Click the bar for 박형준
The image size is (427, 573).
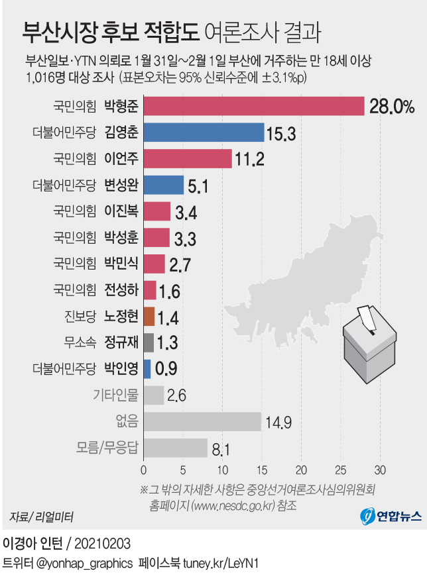tap(254, 106)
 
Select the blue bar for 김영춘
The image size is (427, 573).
tap(204, 132)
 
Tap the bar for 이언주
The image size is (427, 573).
tap(188, 158)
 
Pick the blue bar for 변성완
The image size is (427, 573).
tap(163, 185)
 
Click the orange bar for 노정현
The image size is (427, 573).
tap(149, 316)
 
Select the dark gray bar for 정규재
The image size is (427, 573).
tap(149, 342)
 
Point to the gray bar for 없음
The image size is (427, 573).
tap(202, 421)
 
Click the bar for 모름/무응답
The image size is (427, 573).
tap(175, 448)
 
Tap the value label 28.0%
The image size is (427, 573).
tap(392, 107)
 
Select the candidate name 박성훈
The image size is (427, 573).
tap(121, 237)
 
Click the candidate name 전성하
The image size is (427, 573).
tap(121, 289)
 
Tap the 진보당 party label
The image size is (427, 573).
tap(80, 316)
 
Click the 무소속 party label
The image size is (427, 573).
tap(80, 342)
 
